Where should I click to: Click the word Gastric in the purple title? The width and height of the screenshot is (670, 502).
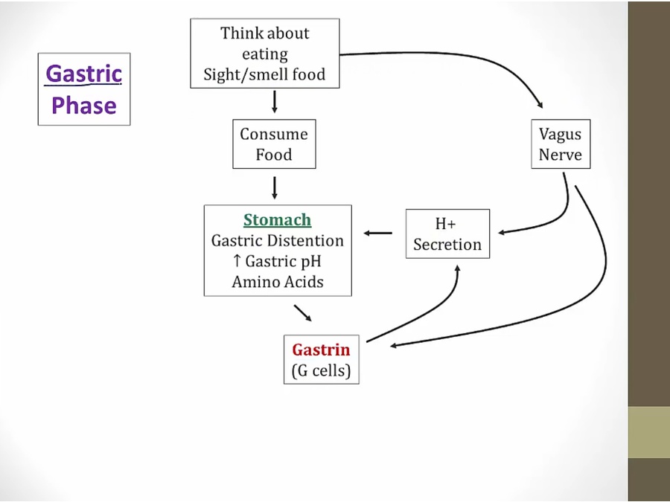tap(83, 74)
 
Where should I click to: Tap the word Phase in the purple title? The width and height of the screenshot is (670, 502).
tap(83, 105)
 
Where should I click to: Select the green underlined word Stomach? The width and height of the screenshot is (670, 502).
tap(277, 220)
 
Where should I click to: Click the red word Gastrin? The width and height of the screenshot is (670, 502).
tap(320, 350)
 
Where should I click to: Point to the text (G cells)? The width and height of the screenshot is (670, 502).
tap(321, 370)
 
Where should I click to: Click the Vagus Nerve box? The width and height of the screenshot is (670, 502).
tap(560, 144)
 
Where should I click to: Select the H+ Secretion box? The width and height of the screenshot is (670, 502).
tap(447, 234)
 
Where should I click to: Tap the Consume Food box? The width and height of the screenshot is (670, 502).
tap(273, 144)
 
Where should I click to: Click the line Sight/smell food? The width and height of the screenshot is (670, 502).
tap(264, 75)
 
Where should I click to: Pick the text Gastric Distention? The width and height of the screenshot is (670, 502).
tap(277, 241)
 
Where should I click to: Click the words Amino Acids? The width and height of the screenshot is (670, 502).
tap(277, 282)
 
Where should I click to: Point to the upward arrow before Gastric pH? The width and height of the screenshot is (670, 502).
tap(236, 262)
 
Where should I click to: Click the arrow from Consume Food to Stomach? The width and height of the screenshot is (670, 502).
tap(275, 187)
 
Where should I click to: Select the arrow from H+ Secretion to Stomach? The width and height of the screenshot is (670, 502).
tap(378, 234)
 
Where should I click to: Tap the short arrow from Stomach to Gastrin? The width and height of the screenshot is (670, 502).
tap(302, 312)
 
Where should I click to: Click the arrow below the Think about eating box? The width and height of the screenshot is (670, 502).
tap(275, 102)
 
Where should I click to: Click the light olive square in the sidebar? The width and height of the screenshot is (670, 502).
tap(648, 432)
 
